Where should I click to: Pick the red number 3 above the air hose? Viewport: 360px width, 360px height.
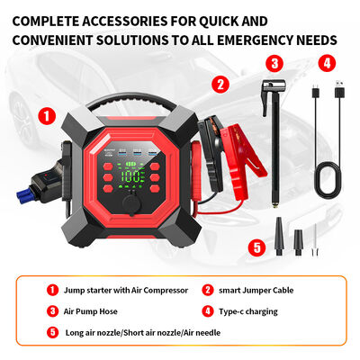274,64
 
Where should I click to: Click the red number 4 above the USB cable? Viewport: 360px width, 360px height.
327,64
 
